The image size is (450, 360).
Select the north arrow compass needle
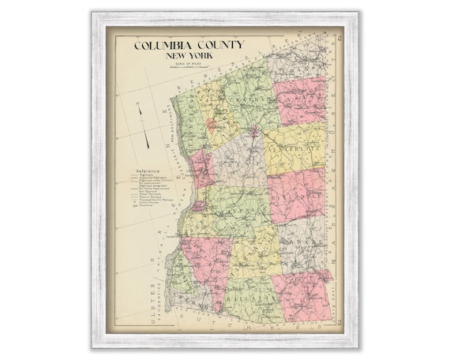click(x=141, y=126)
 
